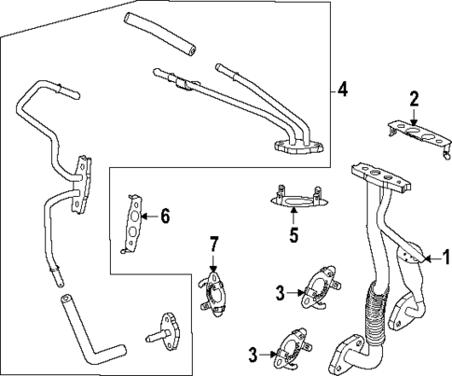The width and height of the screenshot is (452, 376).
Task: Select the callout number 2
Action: pos(415,98)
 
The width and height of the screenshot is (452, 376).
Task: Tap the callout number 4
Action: pos(342,91)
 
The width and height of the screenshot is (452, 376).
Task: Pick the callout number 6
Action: pos(165,216)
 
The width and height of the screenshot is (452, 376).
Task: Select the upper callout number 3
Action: pos(279,292)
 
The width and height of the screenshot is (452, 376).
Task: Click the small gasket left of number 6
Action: pos(136,223)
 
